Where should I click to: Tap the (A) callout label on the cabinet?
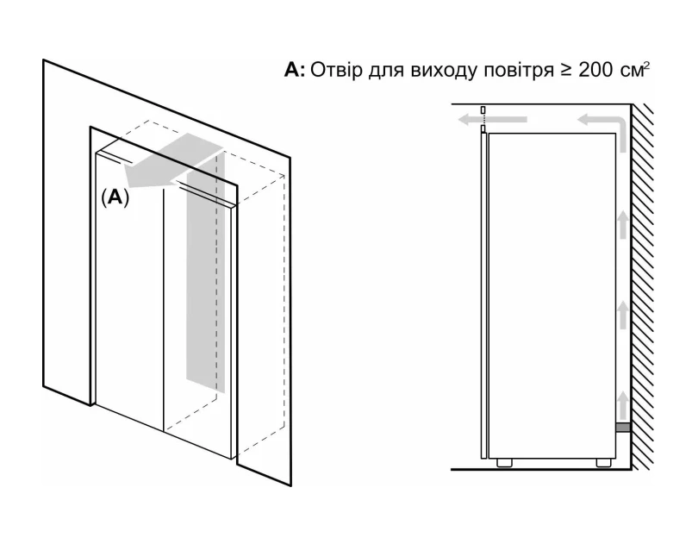[x=115, y=197]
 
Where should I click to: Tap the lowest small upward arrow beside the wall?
[x=621, y=402]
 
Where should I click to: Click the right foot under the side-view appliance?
[x=601, y=465]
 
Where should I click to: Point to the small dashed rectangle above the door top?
[x=483, y=111]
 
